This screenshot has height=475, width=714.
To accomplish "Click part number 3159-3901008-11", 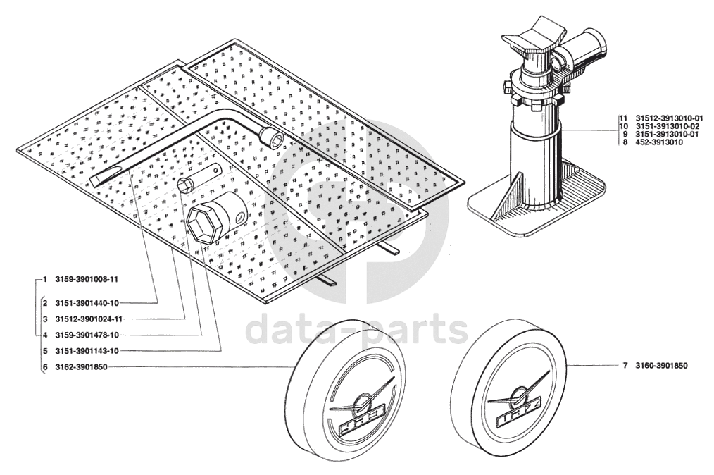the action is pos(87,280).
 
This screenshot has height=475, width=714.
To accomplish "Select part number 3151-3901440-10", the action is pos(87,302).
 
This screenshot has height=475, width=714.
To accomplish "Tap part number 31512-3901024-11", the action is pos(89,319).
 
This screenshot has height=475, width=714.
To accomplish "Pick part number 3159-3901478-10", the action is pos(87,335).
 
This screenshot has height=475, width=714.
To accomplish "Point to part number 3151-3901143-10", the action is pos(87,351).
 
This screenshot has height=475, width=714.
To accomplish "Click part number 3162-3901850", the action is pos(82,367).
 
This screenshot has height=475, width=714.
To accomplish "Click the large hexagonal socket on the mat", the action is pos(217,218).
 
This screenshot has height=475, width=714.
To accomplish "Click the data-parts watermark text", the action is pos(357,331).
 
